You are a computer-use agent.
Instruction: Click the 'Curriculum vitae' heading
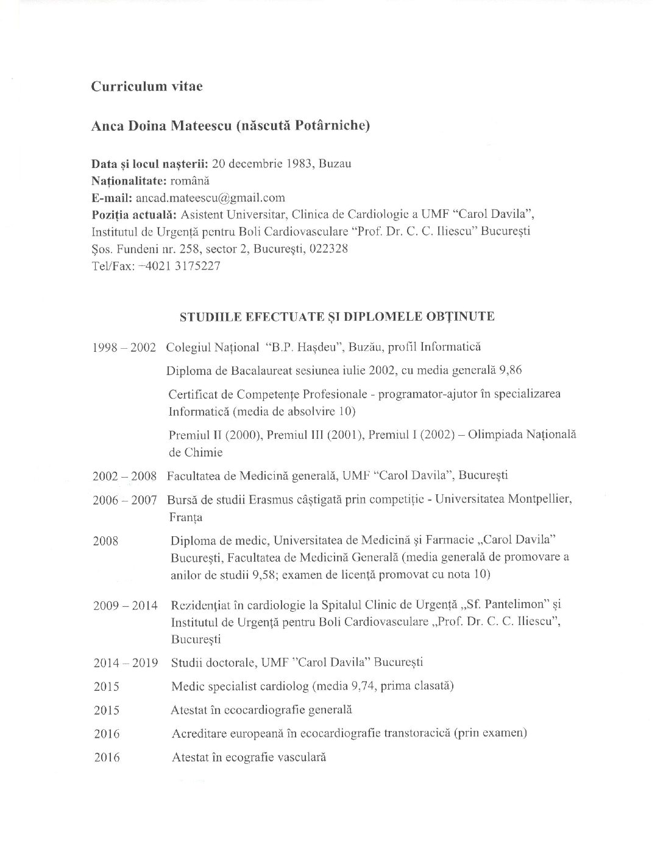(x=147, y=86)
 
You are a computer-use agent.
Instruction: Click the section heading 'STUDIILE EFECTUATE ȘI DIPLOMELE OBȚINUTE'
(x=336, y=316)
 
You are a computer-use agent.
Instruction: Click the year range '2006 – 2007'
(x=124, y=500)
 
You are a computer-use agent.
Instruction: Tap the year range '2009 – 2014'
(x=125, y=606)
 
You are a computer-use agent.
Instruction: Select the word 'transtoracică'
(x=416, y=733)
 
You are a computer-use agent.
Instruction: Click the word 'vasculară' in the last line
(x=302, y=757)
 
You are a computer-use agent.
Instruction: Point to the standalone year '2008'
(x=105, y=540)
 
